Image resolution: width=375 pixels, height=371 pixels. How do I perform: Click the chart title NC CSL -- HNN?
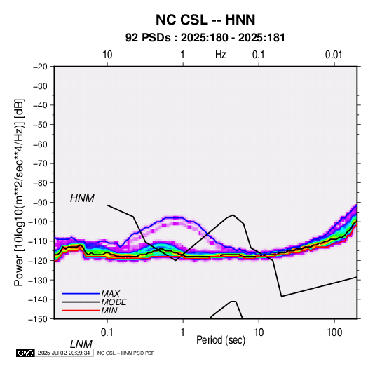coord(205,20)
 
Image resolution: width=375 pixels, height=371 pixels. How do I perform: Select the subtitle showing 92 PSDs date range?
coord(205,38)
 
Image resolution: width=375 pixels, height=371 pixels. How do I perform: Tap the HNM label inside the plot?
coord(82,198)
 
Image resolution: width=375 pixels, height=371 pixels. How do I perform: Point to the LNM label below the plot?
coord(81,344)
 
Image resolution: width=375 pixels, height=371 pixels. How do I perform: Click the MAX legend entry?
coord(110,293)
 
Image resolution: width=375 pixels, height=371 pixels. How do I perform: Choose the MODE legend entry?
coord(114,302)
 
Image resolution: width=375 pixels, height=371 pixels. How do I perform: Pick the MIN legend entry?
coord(109,311)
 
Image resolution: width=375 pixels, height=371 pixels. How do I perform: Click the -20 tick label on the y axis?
coord(40,67)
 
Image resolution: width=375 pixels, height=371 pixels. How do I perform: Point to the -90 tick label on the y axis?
coord(40,202)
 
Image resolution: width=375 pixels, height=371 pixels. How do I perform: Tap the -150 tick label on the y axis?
coord(38,319)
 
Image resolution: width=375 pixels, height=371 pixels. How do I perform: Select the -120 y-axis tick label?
coord(38,260)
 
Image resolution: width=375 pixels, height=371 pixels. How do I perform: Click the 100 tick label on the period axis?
coord(334,332)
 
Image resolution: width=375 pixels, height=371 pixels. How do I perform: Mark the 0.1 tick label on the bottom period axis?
coord(107,332)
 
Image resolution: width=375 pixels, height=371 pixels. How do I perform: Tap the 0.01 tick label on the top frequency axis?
coord(334,55)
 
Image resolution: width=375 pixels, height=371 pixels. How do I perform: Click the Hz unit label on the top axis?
coord(221,55)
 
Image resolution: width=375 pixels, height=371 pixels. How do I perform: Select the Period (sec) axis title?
coord(221,340)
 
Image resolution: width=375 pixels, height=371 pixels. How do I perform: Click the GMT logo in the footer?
coord(25,353)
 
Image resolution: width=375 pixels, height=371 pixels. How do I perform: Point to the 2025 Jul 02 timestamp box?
coord(64,353)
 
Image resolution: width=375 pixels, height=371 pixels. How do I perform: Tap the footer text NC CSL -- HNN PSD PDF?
coord(125,353)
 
